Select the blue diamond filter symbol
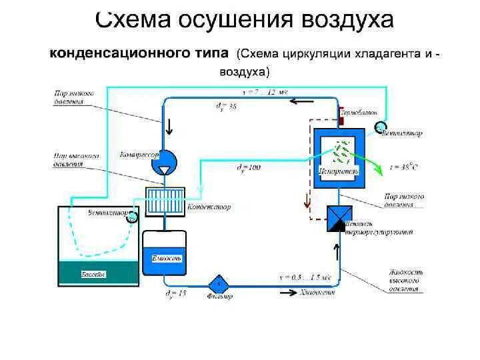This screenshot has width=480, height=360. pos(219,282)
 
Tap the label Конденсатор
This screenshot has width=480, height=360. pos(210,207)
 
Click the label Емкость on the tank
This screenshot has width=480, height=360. pos(163,258)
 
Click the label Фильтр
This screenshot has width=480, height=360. pos(220,296)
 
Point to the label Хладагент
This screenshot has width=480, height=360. pos(317,291)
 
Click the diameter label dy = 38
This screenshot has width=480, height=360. pos(228,106)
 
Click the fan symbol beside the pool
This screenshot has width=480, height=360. pos(132,216)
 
